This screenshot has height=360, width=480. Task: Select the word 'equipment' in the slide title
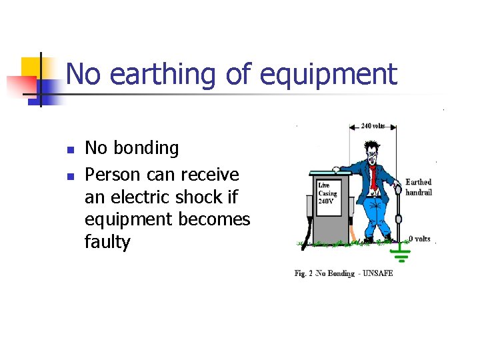[x=329, y=75]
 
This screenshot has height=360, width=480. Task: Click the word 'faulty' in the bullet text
[x=107, y=242]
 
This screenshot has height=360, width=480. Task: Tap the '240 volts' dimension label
[x=374, y=125]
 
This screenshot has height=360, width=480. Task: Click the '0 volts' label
[x=419, y=239]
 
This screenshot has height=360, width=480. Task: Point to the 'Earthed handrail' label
[x=419, y=187]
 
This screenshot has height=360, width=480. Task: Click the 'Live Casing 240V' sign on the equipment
[x=329, y=194]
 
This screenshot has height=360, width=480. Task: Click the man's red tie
[x=374, y=177]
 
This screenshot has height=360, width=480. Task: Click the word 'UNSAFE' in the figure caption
[x=378, y=273]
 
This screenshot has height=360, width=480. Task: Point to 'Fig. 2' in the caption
[x=304, y=273]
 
